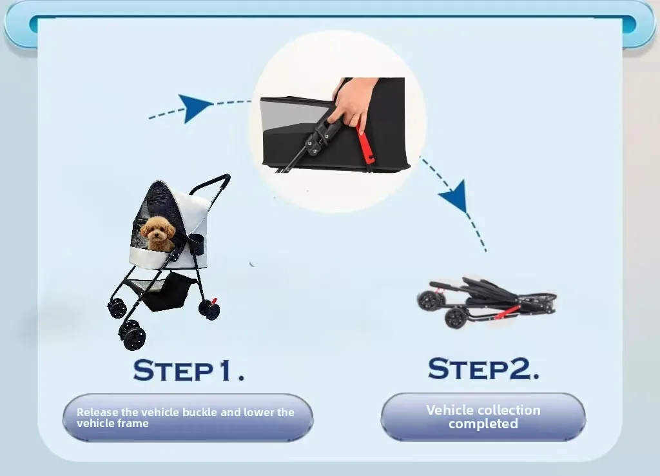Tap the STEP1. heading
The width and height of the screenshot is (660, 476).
[x=189, y=370]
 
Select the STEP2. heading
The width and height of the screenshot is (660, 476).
[x=483, y=368]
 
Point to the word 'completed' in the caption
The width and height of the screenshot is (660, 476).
[x=483, y=423]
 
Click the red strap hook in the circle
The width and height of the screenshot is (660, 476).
[x=365, y=144]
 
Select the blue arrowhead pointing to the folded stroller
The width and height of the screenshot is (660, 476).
[x=455, y=197]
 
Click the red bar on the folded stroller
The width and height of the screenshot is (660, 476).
[x=507, y=313]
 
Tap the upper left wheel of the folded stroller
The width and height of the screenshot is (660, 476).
[x=429, y=299]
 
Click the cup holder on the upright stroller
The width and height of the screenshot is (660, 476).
[x=197, y=244]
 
